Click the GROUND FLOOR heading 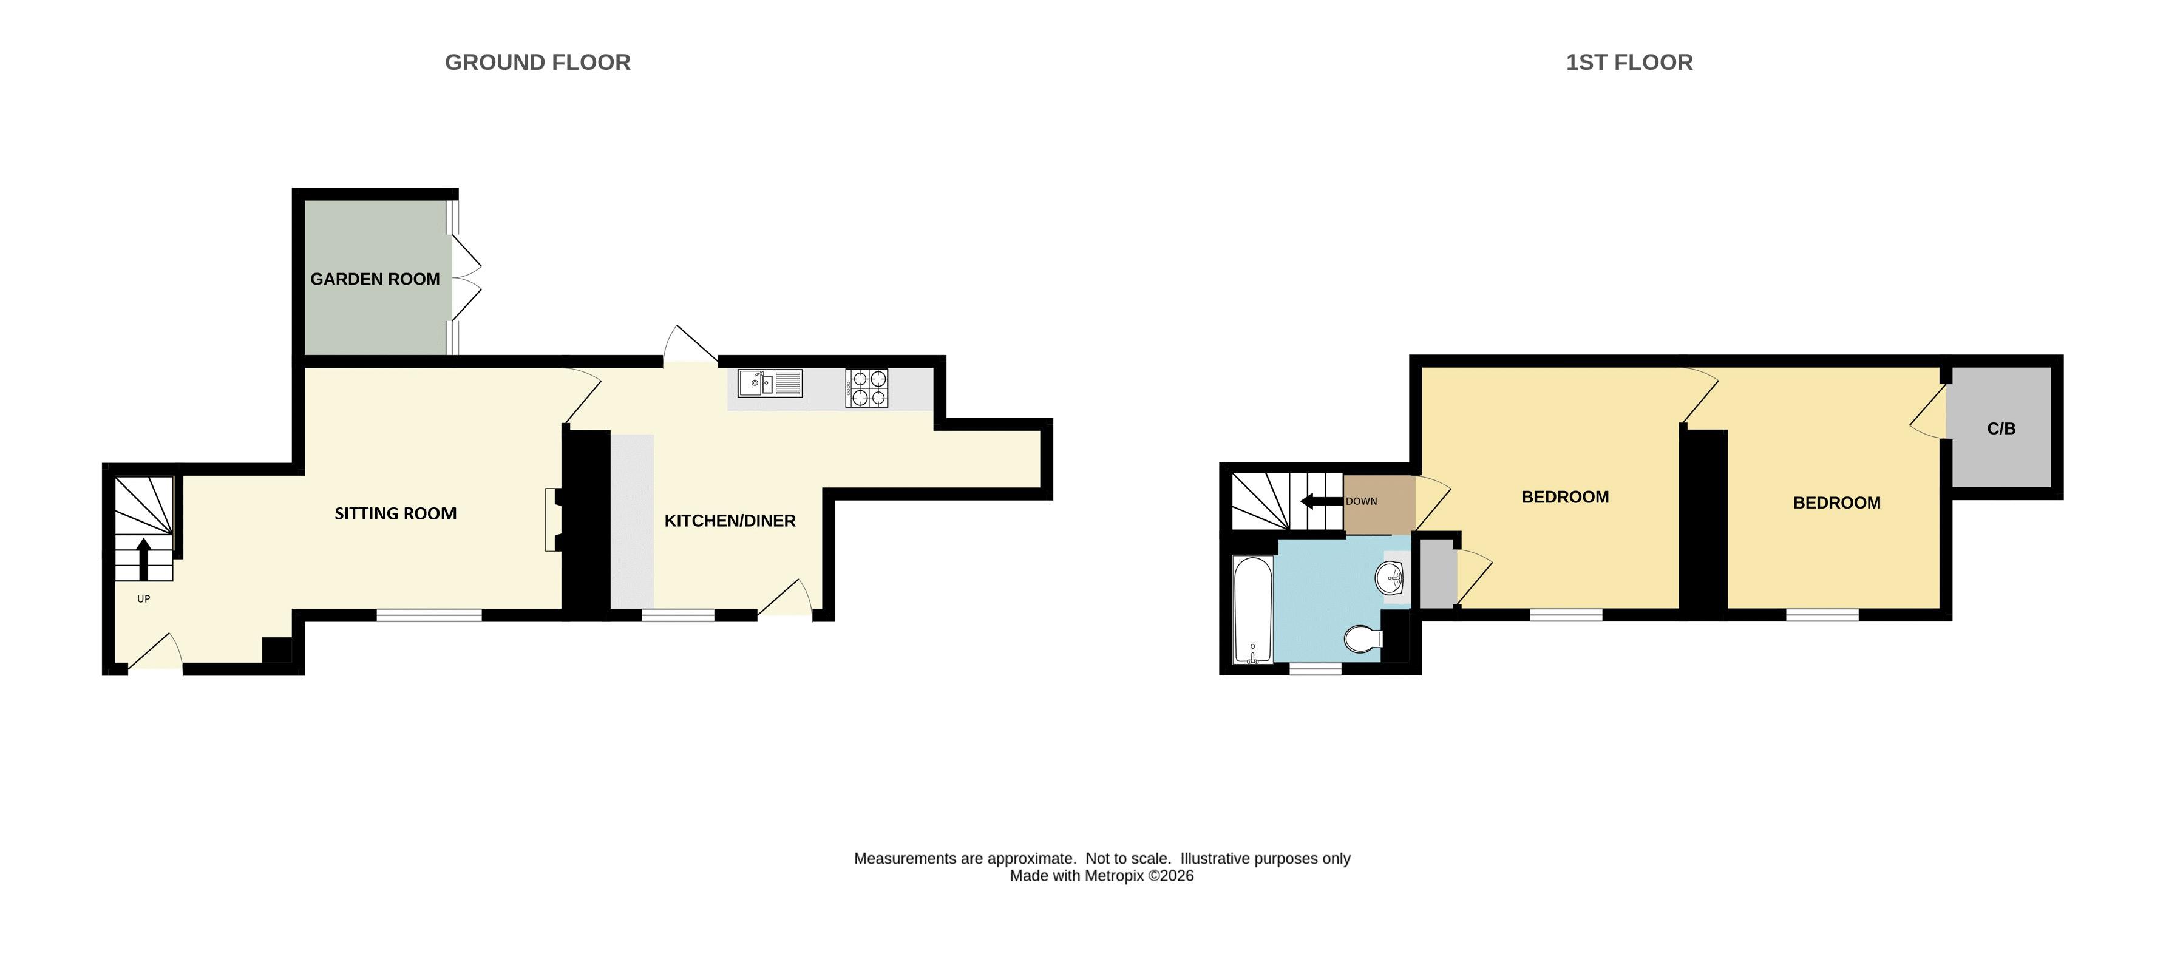[537, 62]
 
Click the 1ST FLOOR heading [1629, 62]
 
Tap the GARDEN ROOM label [375, 279]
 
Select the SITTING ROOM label [395, 513]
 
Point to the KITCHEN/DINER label [730, 521]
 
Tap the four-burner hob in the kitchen [867, 388]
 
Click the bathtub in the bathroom [1253, 609]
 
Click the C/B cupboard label [2001, 428]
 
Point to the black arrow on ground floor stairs [144, 559]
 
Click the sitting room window [429, 616]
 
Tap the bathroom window [1316, 669]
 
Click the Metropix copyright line [1101, 876]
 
